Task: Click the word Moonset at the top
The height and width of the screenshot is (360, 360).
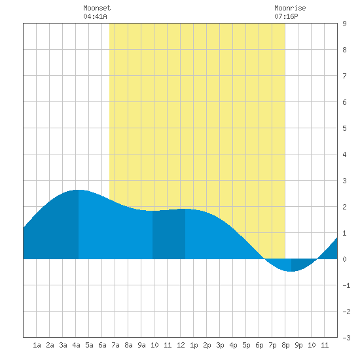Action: tap(97, 8)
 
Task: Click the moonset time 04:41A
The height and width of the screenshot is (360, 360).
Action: tap(95, 16)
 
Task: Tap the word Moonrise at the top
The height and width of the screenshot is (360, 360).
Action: tap(290, 8)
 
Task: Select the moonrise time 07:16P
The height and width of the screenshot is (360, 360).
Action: tap(286, 16)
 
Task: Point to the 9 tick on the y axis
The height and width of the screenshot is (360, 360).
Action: tap(344, 24)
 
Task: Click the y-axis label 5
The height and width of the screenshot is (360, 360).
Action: tap(344, 128)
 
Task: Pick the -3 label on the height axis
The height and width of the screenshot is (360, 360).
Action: tap(346, 338)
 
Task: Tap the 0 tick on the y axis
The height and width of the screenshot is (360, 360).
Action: tap(344, 259)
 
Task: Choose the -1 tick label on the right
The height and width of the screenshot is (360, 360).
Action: tap(346, 285)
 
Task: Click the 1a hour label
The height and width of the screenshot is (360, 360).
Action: tap(37, 345)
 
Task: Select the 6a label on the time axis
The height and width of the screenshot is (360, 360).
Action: tap(102, 345)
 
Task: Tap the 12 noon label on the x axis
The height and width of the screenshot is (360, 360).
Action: tap(181, 345)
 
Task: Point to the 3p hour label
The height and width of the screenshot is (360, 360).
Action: tap(220, 345)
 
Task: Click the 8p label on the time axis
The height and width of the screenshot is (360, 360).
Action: tap(285, 345)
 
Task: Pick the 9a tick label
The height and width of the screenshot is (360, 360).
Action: tap(141, 345)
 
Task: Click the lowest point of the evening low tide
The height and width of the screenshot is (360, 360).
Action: tap(291, 271)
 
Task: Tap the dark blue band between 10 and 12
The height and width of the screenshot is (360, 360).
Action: tap(169, 234)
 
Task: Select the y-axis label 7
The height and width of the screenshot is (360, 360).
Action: tap(344, 76)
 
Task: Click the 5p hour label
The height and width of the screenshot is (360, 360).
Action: tap(246, 345)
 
